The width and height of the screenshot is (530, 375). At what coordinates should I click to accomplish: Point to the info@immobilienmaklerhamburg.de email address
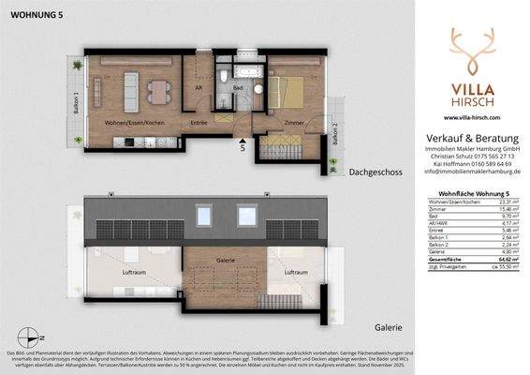point(473,172)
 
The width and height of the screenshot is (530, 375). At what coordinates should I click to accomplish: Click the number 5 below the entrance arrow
point(243,146)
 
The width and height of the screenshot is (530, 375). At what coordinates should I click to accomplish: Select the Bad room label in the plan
point(239,89)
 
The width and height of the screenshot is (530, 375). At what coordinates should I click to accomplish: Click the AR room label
point(199,88)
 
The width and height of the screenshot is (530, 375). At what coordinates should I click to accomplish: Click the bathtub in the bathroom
point(247,70)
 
